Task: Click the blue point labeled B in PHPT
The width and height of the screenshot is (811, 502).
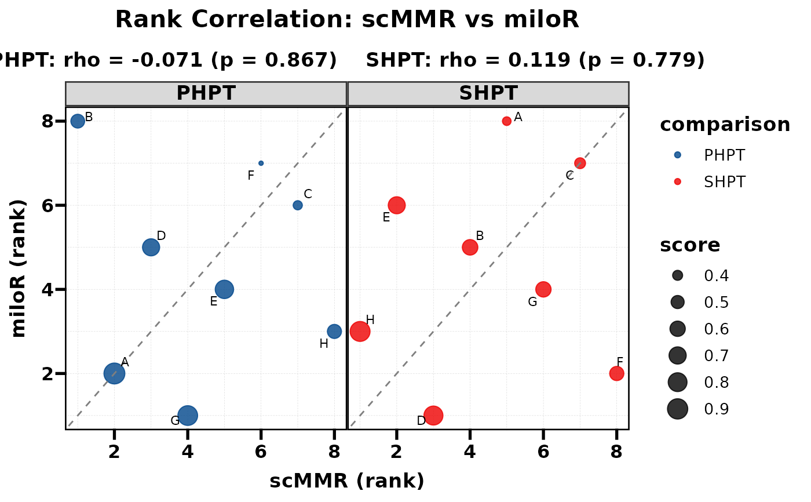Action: click(78, 121)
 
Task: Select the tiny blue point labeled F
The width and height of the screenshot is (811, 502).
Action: click(261, 163)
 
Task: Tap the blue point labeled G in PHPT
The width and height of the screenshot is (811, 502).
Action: click(187, 415)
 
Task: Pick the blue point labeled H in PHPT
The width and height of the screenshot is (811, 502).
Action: click(334, 331)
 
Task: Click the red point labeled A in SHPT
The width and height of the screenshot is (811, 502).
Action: click(507, 121)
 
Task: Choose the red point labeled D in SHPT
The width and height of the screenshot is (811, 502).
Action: click(433, 415)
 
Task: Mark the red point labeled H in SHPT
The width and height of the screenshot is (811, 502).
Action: click(360, 331)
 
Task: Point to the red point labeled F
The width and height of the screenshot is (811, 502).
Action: click(617, 373)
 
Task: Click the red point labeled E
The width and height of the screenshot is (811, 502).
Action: click(397, 205)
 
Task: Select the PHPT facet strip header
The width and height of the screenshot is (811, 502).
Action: click(206, 93)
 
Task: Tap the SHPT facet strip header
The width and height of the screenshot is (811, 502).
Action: click(488, 93)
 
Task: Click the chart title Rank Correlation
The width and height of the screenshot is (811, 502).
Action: click(347, 20)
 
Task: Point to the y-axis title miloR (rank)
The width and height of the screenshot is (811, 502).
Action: click(19, 268)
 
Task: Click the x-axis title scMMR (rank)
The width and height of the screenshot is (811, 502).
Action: click(347, 481)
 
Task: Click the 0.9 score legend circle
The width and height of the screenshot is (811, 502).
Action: click(678, 409)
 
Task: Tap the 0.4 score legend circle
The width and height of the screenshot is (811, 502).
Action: click(678, 275)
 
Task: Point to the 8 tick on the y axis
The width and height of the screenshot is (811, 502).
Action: click(47, 121)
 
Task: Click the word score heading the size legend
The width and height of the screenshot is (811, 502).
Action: click(690, 245)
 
